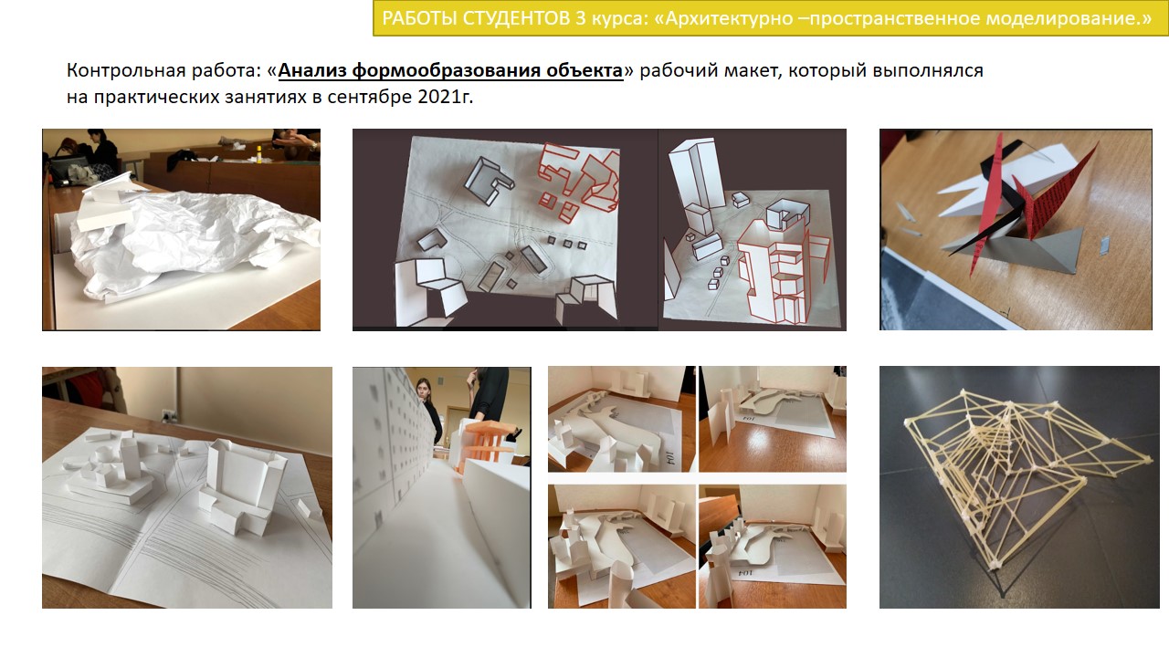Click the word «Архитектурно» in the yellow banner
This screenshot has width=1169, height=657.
[x=730, y=18]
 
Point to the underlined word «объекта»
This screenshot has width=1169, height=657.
[x=584, y=70]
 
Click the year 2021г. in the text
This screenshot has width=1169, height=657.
[x=445, y=97]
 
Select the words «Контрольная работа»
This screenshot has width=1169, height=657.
[x=163, y=70]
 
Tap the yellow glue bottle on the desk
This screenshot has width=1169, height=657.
[x=258, y=154]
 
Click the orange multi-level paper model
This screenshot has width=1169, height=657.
[x=485, y=443]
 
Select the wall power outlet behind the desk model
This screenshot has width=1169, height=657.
[x=167, y=416]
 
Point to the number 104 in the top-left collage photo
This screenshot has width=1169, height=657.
[x=670, y=457]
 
